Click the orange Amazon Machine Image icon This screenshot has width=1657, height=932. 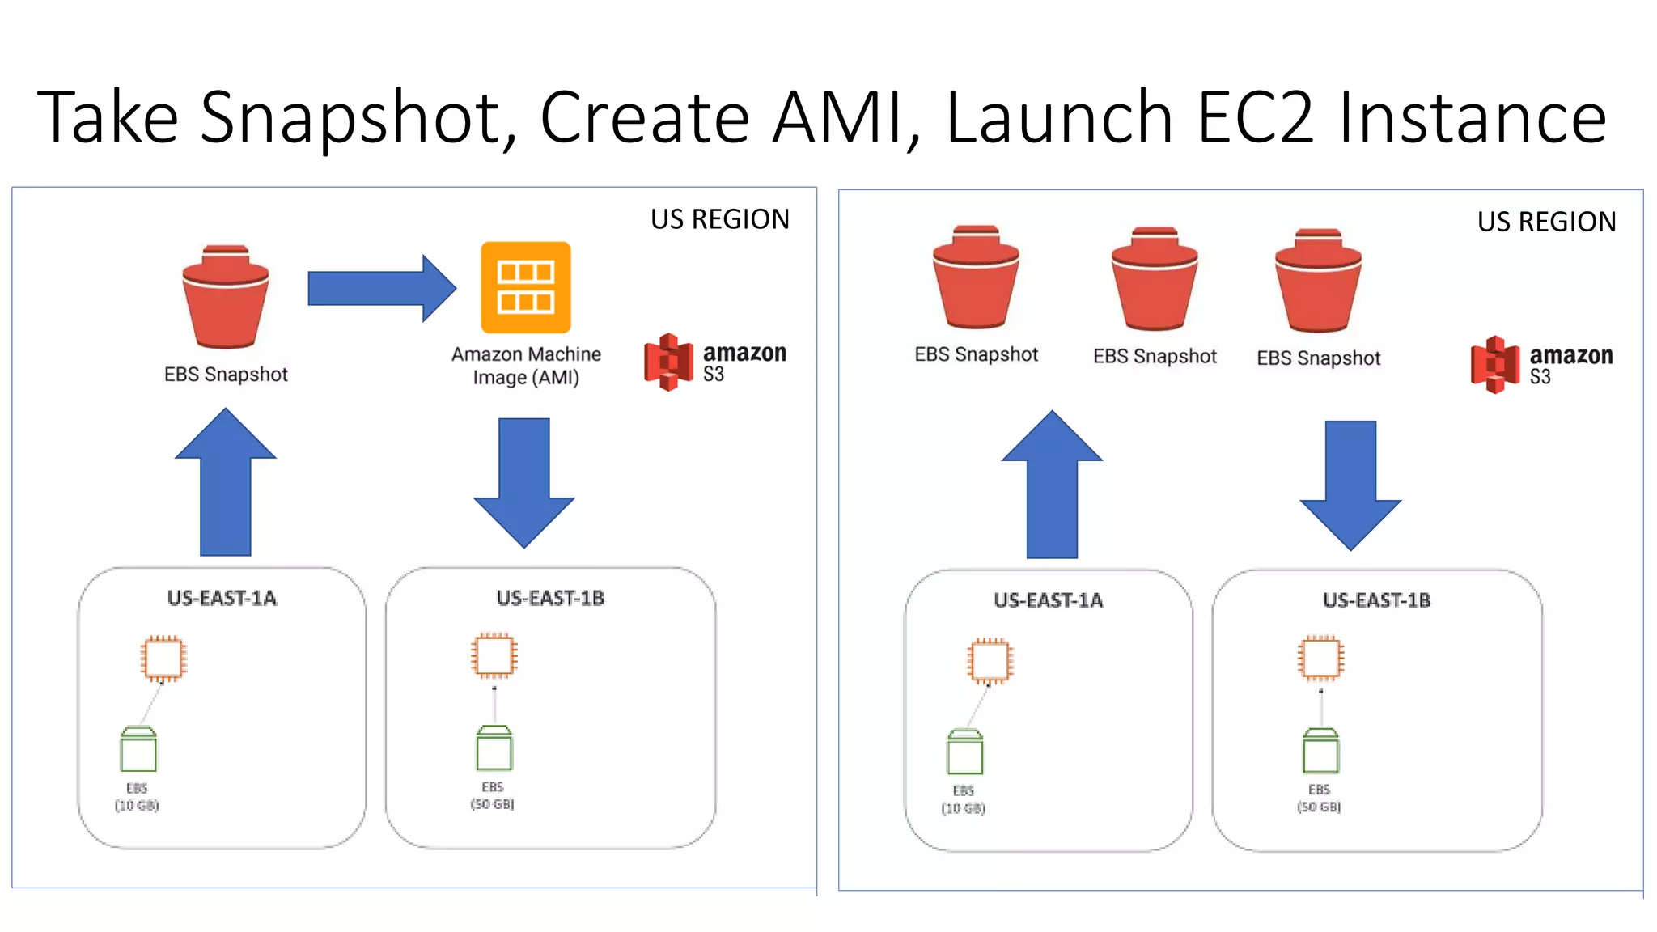pos(525,287)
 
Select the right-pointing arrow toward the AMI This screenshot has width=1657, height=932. pos(380,288)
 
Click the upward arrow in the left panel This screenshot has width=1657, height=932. pos(226,485)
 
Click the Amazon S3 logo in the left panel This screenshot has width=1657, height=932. pos(714,362)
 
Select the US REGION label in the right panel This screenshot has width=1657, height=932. pos(1546,222)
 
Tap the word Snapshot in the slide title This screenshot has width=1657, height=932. pos(357,118)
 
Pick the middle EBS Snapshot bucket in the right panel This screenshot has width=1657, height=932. pos(1155,279)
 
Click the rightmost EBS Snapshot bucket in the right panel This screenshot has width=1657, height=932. pos(1318,281)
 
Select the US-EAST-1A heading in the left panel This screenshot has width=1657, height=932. pos(222,598)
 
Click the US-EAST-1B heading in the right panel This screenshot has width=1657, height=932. pos(1376,600)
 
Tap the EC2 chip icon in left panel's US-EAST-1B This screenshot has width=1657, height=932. pos(494,655)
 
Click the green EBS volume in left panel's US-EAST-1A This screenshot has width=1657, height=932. pos(138,749)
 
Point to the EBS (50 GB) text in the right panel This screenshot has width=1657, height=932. pos(1319,798)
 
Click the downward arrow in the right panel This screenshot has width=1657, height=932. pos(1350,485)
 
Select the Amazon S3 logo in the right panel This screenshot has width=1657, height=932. pos(1540,364)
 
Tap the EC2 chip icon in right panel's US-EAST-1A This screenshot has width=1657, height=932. pos(990,661)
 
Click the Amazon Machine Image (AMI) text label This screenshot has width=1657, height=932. pos(526,366)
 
